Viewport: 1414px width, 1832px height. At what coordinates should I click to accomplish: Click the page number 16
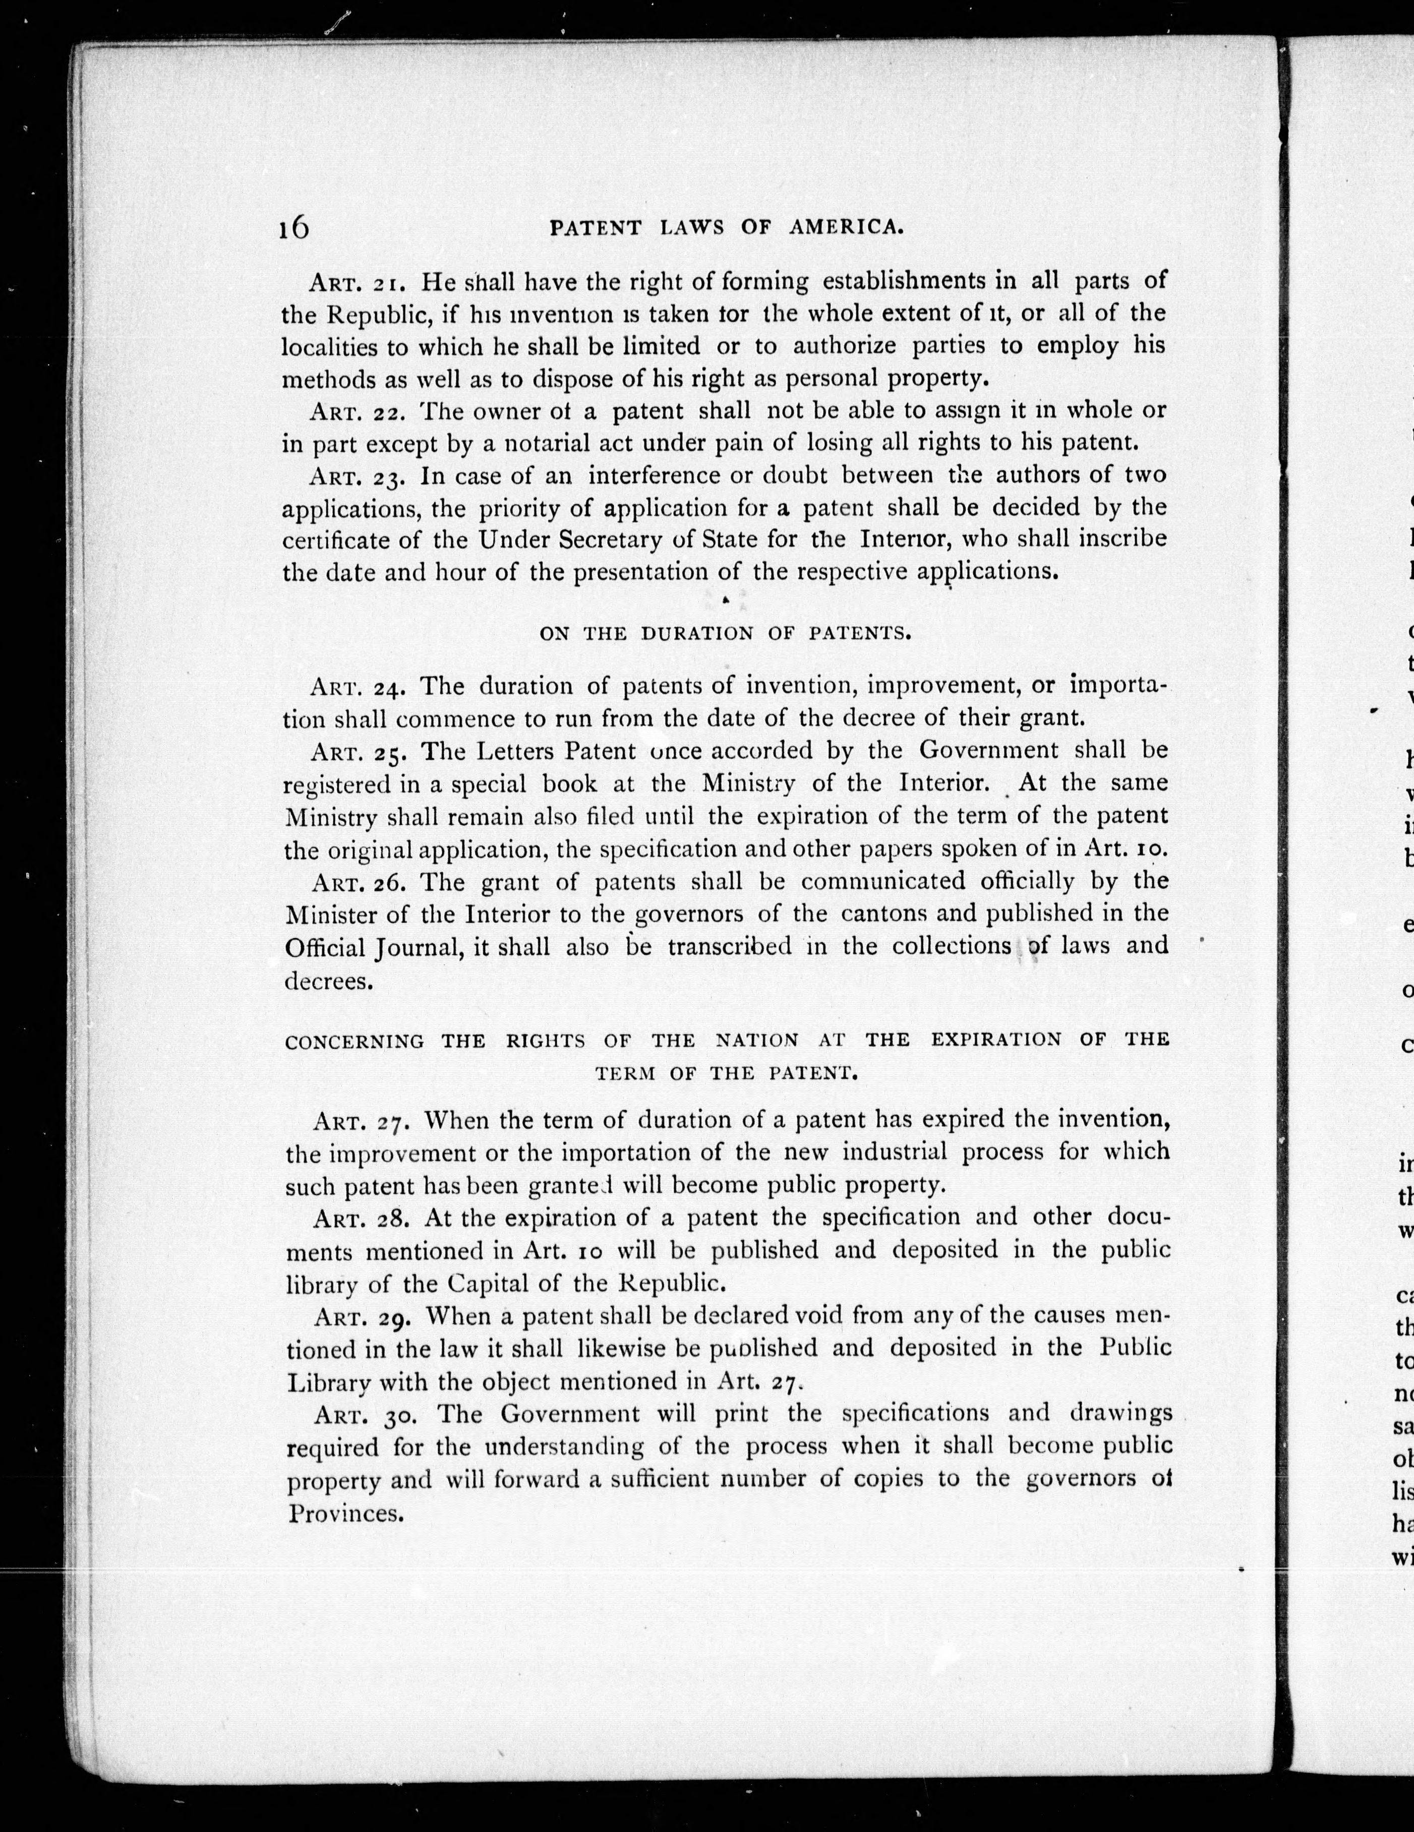[294, 227]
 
